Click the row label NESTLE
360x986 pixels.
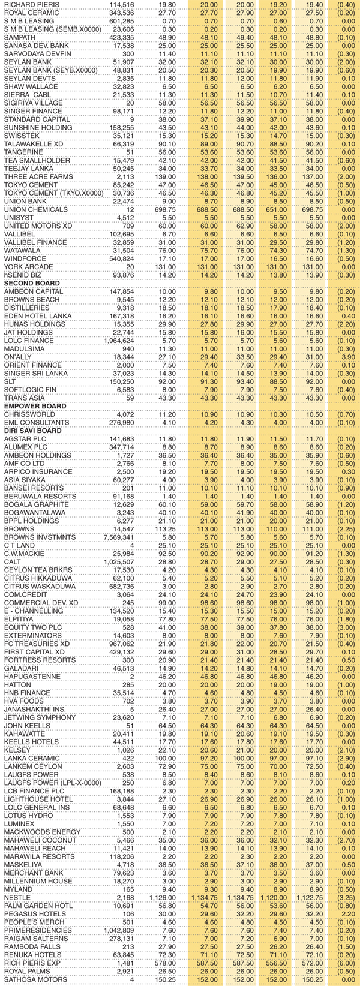(x=17, y=897)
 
